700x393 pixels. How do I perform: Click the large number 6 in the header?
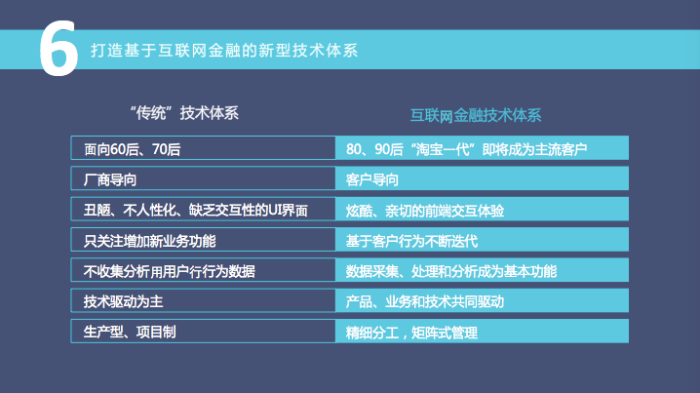[x=58, y=50]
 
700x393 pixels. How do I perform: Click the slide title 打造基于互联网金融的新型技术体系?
[x=223, y=49]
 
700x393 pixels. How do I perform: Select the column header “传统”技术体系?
[x=183, y=112]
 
